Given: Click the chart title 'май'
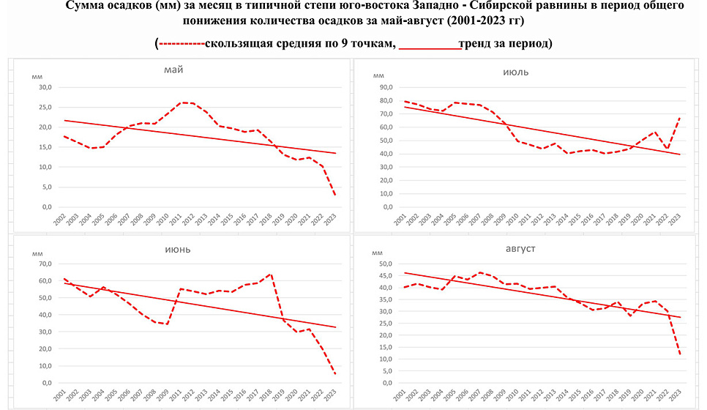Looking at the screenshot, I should pos(173,70).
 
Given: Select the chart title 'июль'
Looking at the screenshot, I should pos(517,72).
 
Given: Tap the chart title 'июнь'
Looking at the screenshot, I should pos(176,249).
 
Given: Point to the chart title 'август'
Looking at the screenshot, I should pos(520,249).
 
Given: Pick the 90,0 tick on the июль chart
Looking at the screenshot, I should pos(386,87).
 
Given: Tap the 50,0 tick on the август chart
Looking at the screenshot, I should pos(386,264).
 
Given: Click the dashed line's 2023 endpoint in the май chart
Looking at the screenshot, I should pos(335,195).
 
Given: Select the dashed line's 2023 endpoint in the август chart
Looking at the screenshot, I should pos(681,355).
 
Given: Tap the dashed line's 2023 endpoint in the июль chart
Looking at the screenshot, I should pos(681,117).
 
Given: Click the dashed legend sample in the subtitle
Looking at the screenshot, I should pos(182,45).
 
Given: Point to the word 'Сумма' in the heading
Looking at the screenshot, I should pos(83,6).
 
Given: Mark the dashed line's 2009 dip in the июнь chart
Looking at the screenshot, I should pos(167,324).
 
